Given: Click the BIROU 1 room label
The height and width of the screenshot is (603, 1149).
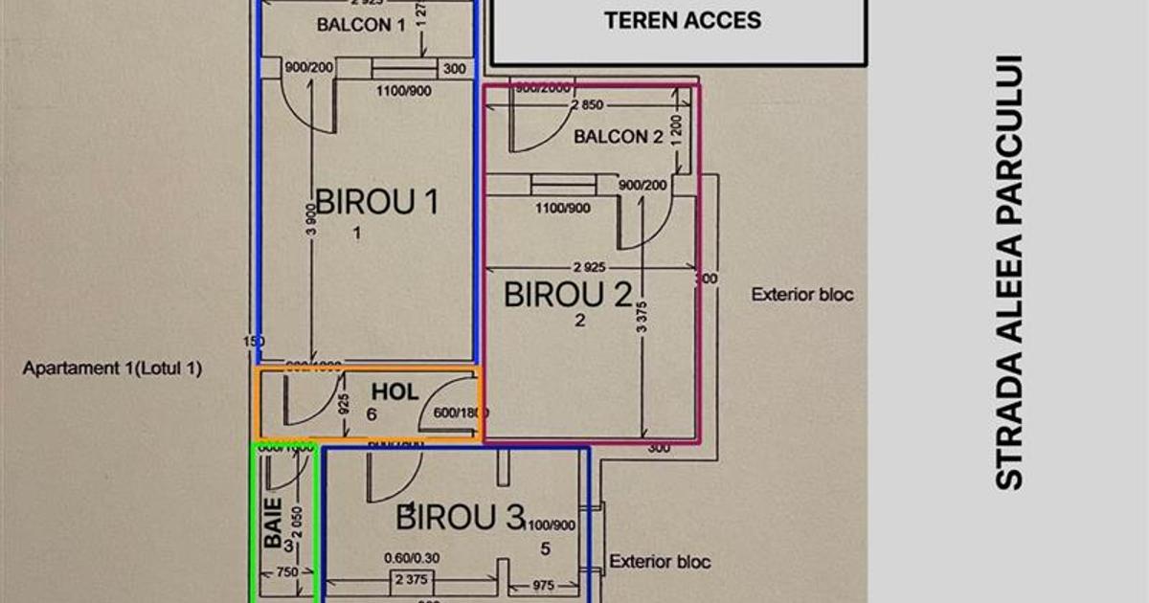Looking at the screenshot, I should coord(377,202).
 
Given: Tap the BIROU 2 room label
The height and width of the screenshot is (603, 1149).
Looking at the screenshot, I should coord(569,295).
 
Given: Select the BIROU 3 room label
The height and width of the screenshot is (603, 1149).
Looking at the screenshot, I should coord(461,518).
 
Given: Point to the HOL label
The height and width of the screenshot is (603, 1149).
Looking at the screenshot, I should coord(395,391).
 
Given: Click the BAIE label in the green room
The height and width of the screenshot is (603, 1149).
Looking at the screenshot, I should coord(274,522).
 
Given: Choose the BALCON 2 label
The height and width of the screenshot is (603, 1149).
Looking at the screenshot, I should coord(619,137).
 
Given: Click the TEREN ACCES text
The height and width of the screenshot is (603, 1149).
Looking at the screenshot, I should coord(683,20).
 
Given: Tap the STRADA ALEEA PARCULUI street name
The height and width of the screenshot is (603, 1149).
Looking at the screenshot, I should coord(1009,273).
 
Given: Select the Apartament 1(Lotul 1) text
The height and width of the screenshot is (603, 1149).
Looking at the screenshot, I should coord(113,368).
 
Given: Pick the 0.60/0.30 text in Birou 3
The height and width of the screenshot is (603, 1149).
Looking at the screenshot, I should coord(412,558).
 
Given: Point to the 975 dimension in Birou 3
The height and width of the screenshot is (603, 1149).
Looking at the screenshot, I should coord(544,583).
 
